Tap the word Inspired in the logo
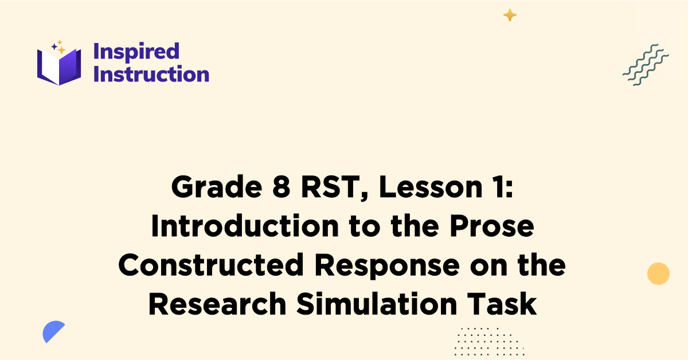[x=136, y=51]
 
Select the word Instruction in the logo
[x=151, y=74]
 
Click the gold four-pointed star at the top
[x=510, y=15]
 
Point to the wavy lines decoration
[x=646, y=65]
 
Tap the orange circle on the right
[x=658, y=273]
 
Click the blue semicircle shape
[x=53, y=331]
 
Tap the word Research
[x=218, y=304]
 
